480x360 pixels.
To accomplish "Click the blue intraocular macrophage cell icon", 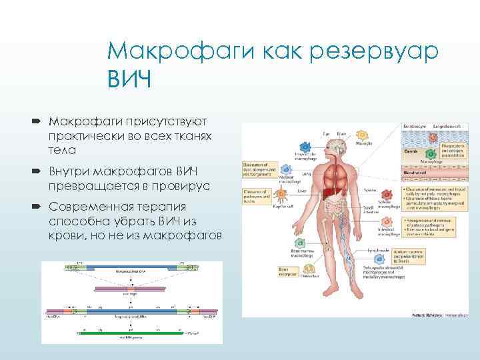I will (x=304, y=145).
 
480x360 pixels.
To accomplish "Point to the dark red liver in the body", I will (x=330, y=194).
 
